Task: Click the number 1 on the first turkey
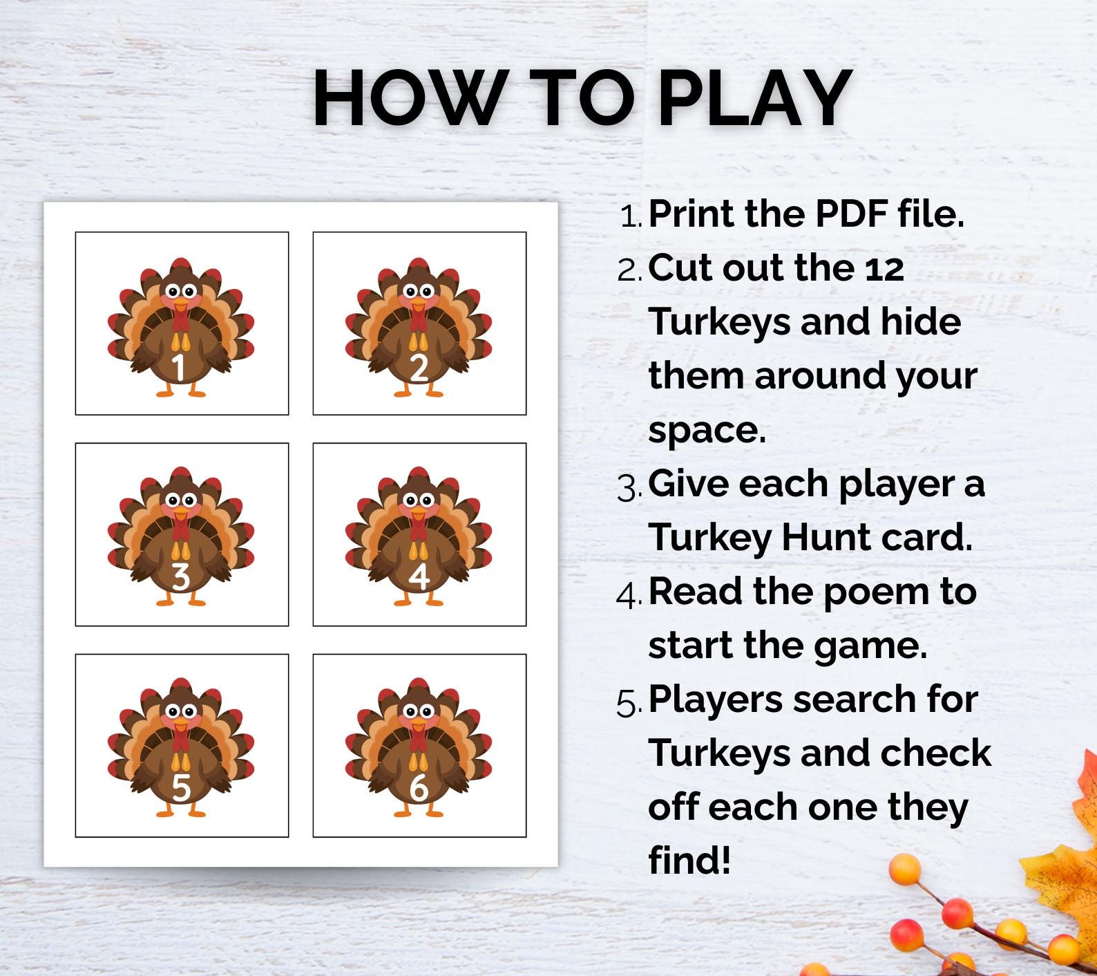(x=178, y=367)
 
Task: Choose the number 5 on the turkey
(x=180, y=787)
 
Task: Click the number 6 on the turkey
(x=419, y=787)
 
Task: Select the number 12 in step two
(x=884, y=269)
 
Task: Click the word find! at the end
(x=689, y=861)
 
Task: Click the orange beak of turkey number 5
(x=180, y=724)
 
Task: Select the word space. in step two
(x=707, y=431)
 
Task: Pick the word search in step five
(x=859, y=699)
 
